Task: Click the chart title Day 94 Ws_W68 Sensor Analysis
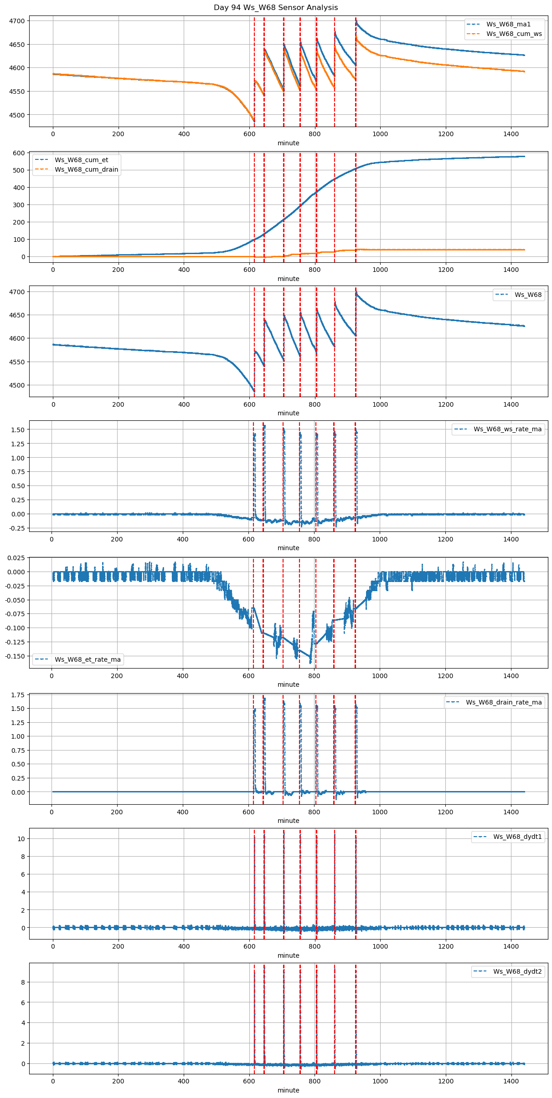click(x=276, y=8)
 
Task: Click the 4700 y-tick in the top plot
click(x=18, y=21)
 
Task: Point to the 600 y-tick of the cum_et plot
click(x=20, y=153)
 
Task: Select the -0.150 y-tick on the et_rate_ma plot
click(x=15, y=656)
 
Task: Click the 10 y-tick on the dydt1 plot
click(x=21, y=839)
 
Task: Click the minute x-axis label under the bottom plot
click(x=289, y=1090)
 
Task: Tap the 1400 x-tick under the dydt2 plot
click(x=511, y=1081)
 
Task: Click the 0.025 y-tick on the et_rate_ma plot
click(x=16, y=558)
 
